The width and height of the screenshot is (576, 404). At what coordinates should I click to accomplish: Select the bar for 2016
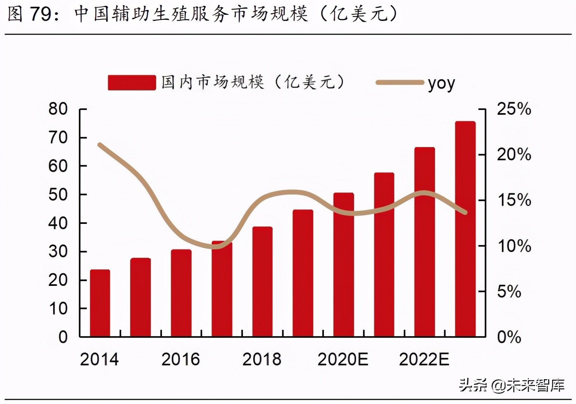tap(181, 293)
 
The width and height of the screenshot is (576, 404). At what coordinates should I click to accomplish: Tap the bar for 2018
tap(262, 281)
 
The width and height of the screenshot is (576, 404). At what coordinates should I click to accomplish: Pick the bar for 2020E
tap(344, 264)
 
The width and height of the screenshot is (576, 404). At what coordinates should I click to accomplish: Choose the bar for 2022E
tap(425, 242)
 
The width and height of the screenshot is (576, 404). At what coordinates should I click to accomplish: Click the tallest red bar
tap(465, 229)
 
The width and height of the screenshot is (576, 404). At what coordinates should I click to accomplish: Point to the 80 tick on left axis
tap(58, 109)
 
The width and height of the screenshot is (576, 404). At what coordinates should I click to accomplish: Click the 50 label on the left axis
tap(58, 195)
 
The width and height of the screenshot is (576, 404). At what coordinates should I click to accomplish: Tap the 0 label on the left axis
tap(63, 337)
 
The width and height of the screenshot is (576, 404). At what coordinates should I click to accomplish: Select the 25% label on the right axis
tap(514, 109)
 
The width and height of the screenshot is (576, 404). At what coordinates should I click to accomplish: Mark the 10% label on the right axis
tap(514, 246)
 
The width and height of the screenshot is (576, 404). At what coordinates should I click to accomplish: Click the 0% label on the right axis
tap(509, 337)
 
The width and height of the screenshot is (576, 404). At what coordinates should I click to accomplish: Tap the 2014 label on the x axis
tap(99, 359)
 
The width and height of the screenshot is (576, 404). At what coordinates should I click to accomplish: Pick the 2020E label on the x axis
tap(343, 359)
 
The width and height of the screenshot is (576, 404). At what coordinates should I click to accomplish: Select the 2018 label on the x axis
tap(262, 359)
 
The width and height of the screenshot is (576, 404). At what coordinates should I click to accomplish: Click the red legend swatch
tap(132, 83)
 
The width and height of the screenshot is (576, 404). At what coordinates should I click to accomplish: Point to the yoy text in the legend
tap(441, 83)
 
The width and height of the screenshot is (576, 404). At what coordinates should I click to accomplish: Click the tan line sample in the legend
tap(400, 83)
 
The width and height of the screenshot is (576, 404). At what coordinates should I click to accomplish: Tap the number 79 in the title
tap(40, 14)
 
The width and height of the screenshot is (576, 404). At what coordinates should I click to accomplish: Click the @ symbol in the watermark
tap(498, 386)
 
